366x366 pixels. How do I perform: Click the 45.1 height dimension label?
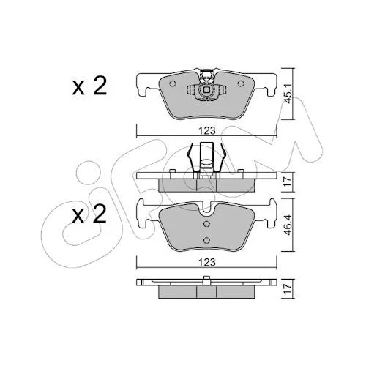click(x=288, y=94)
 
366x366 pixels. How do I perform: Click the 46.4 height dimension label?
click(x=288, y=225)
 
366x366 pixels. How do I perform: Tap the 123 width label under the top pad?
click(x=206, y=131)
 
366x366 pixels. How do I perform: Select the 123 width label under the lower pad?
click(x=206, y=262)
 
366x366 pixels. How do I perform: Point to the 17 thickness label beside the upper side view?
click(x=288, y=182)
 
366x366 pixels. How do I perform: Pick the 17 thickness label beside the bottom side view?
click(x=288, y=289)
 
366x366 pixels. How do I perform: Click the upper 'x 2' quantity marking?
click(x=89, y=86)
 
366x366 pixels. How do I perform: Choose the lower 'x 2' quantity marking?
click(x=89, y=214)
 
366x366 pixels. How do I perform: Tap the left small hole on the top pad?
click(x=172, y=83)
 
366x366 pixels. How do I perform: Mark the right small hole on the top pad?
click(x=241, y=83)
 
